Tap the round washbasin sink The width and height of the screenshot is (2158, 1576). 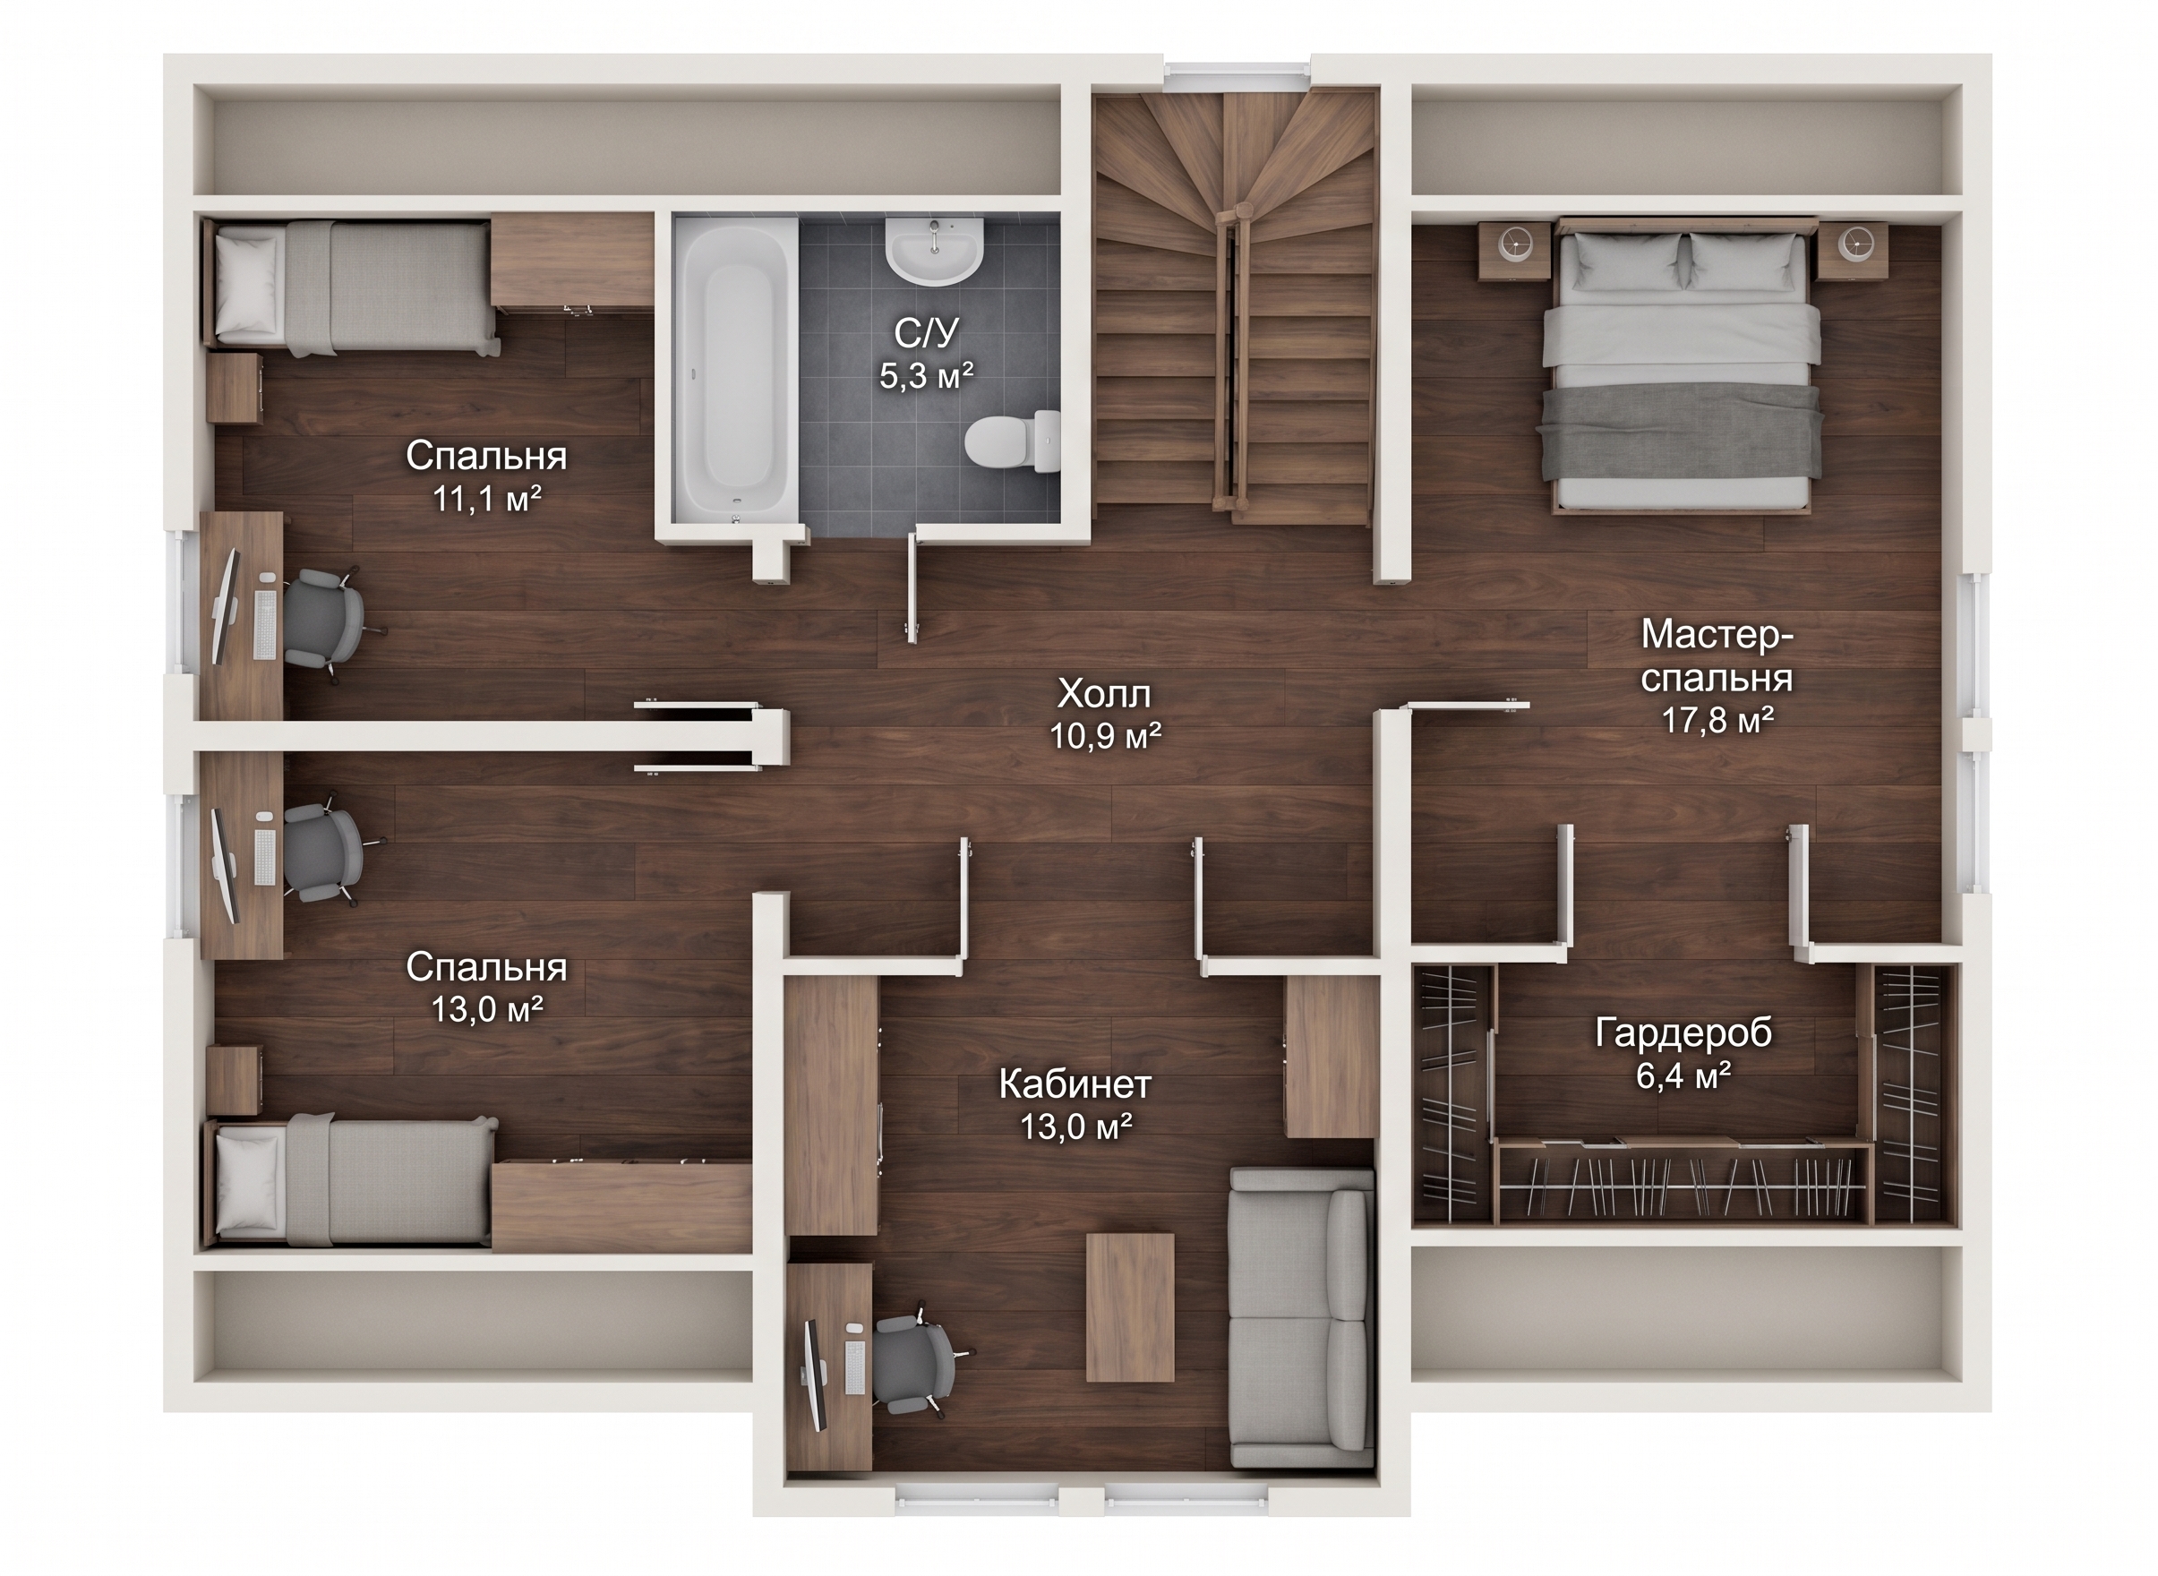tap(934, 250)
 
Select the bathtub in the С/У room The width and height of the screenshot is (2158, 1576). tap(735, 369)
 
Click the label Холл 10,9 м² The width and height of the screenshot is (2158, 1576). tap(1106, 715)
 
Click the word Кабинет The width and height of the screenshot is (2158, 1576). tap(1075, 1084)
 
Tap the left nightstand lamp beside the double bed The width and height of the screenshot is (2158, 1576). tap(1514, 244)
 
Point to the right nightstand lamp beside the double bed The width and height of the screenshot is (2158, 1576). tap(1855, 244)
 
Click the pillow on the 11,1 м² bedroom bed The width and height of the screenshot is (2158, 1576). tap(247, 283)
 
